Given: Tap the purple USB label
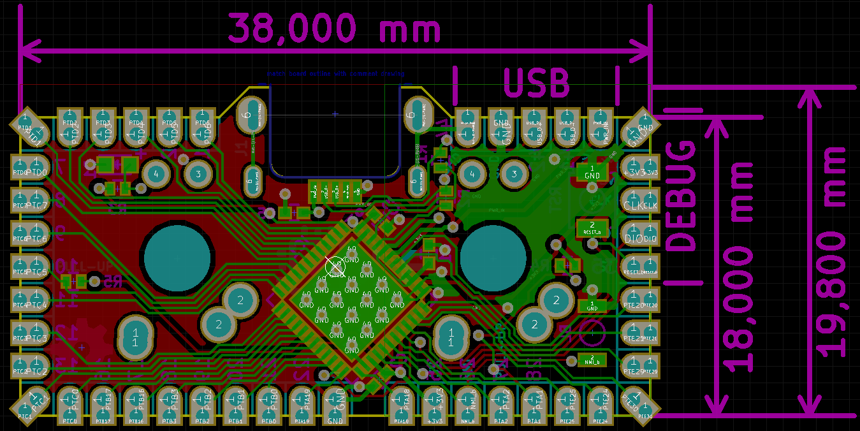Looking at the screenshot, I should [536, 83].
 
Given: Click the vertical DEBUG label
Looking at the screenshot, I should [681, 195].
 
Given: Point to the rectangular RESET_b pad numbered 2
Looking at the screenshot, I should [592, 228].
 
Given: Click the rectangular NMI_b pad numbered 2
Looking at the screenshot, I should [592, 360].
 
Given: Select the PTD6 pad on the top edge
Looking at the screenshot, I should [202, 125].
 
